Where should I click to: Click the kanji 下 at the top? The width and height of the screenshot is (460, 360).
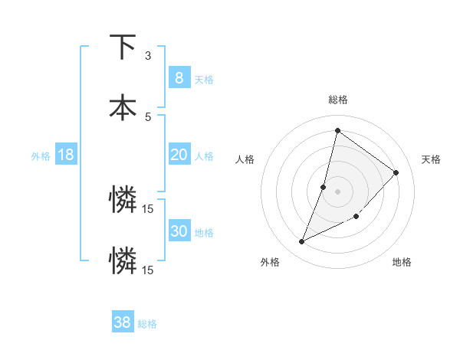[123, 47]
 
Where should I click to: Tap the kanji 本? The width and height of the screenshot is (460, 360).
[123, 106]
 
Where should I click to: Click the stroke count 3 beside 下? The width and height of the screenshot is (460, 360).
[148, 56]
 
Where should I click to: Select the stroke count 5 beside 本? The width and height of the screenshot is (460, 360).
[148, 116]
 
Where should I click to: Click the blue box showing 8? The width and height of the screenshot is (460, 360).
[179, 77]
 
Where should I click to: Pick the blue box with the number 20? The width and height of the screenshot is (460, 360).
[179, 155]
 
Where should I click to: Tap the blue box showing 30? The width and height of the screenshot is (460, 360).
[179, 231]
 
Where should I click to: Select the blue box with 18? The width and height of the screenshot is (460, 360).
[66, 155]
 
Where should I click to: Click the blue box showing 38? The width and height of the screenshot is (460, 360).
[122, 322]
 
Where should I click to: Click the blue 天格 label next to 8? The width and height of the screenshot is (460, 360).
[204, 79]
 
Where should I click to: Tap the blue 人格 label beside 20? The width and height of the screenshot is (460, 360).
[204, 156]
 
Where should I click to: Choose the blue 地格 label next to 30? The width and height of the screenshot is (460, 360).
[204, 233]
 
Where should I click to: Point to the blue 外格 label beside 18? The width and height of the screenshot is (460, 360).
[41, 156]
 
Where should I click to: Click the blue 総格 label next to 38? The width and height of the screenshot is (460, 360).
[147, 324]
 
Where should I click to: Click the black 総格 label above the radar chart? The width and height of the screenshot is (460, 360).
[337, 100]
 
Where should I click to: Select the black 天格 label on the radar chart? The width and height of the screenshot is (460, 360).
[431, 159]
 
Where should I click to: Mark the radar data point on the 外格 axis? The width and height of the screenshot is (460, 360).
[301, 242]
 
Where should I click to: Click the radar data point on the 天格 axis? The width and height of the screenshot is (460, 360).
[396, 172]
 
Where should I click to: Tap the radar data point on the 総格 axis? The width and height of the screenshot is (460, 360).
[337, 130]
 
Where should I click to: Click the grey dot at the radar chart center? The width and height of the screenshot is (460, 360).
[337, 191]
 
